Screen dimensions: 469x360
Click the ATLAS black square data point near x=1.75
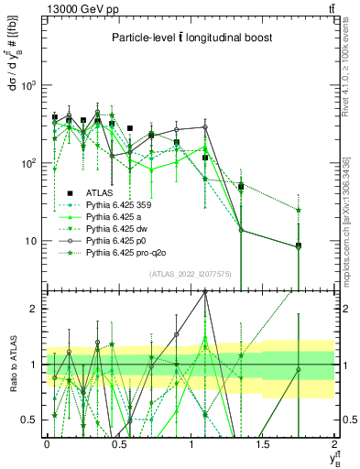click(x=299, y=246)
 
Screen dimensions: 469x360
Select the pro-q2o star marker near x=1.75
click(x=299, y=210)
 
